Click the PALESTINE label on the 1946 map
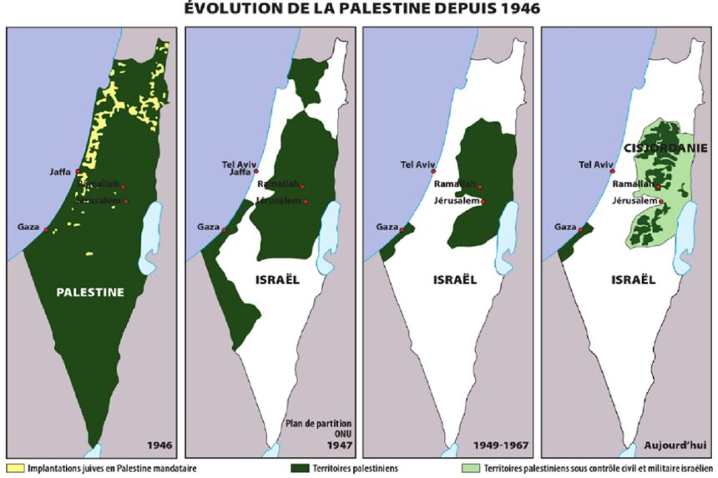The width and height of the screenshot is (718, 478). (90, 292)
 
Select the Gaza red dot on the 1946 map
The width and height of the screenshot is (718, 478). (47, 230)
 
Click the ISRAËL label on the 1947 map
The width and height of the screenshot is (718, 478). (276, 279)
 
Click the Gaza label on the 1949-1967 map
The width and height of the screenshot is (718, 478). (387, 226)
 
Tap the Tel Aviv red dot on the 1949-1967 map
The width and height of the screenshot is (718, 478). (433, 171)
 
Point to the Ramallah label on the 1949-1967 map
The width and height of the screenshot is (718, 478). (454, 184)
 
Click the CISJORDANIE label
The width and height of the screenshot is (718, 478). (666, 148)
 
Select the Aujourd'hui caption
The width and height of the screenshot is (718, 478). (682, 445)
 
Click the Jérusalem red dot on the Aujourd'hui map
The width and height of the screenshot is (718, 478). (661, 201)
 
